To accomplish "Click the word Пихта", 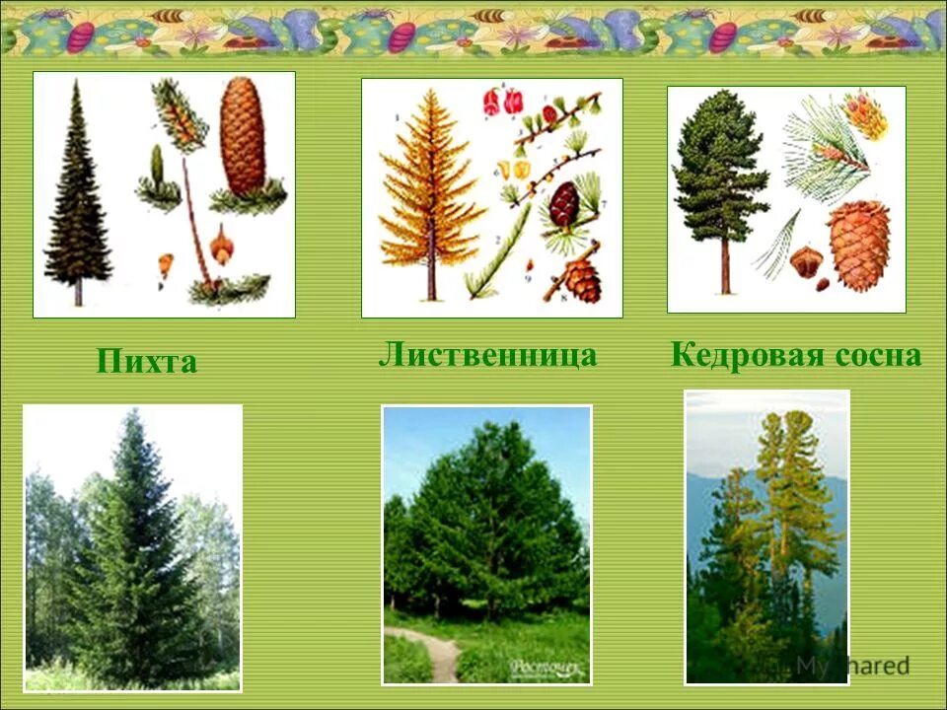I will (147, 361).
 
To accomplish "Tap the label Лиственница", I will (487, 355).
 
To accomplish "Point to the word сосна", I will (876, 355).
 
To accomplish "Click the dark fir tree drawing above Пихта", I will (77, 197).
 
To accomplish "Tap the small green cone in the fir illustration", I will (157, 164).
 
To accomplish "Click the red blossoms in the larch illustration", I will (503, 102).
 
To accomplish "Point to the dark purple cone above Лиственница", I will (564, 204).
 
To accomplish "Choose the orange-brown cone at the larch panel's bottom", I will (582, 280).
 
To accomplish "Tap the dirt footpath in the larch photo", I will (440, 655).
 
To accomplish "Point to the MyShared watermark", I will (850, 666).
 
